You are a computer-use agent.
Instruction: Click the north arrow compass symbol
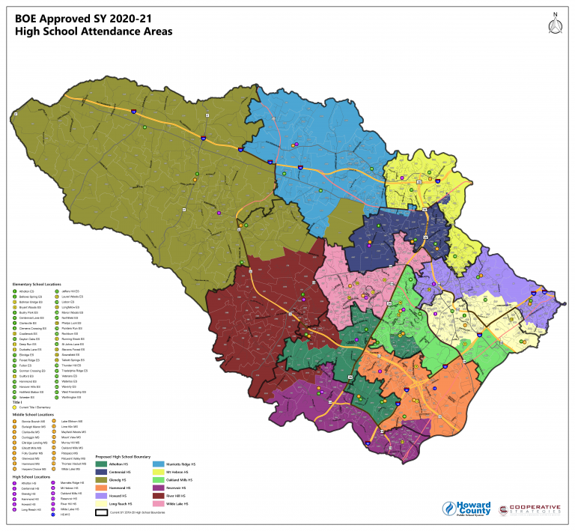point(555,24)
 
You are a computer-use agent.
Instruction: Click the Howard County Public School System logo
point(465,509)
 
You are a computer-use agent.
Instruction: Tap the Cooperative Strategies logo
point(529,509)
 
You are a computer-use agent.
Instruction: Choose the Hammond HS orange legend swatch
point(101,488)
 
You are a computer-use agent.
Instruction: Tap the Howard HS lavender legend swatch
point(101,496)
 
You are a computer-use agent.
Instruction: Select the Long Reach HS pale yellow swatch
point(101,503)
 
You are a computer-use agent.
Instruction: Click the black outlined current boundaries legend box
point(101,513)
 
